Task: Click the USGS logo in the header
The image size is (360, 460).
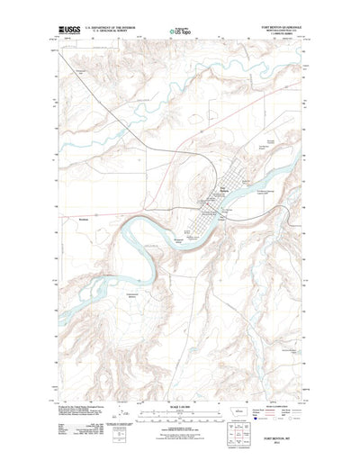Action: coord(68,31)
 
